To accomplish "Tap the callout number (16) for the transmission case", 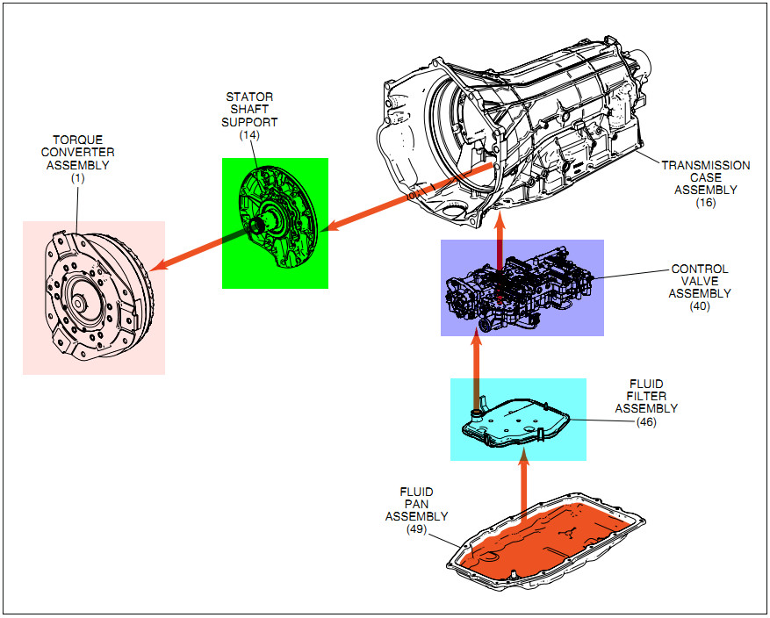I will [x=706, y=203].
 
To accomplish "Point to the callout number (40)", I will [x=700, y=306].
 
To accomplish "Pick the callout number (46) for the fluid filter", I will [x=646, y=421].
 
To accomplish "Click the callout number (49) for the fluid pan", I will [x=416, y=529].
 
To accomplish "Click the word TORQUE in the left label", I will [x=77, y=140].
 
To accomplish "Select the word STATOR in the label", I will [x=249, y=97].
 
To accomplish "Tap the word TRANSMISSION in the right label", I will [x=706, y=165].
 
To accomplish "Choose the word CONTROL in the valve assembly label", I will [x=700, y=269].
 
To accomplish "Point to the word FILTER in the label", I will [x=646, y=396].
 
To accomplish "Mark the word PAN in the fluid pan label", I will [x=416, y=504].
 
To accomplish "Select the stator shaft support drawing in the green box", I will [x=277, y=223].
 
